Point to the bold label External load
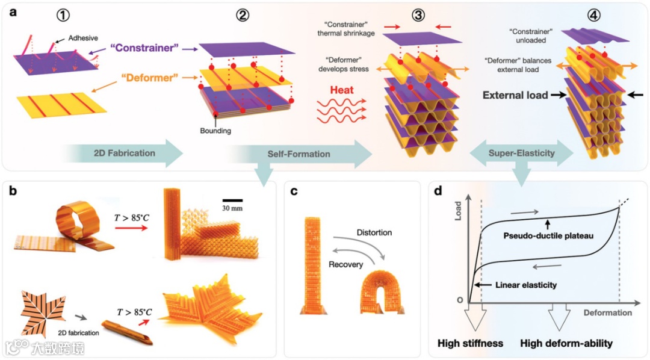point(515,95)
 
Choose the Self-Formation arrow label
point(299,154)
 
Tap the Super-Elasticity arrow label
point(521,154)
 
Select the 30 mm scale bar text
point(232,209)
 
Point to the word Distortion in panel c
point(374,233)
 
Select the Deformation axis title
point(607,312)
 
